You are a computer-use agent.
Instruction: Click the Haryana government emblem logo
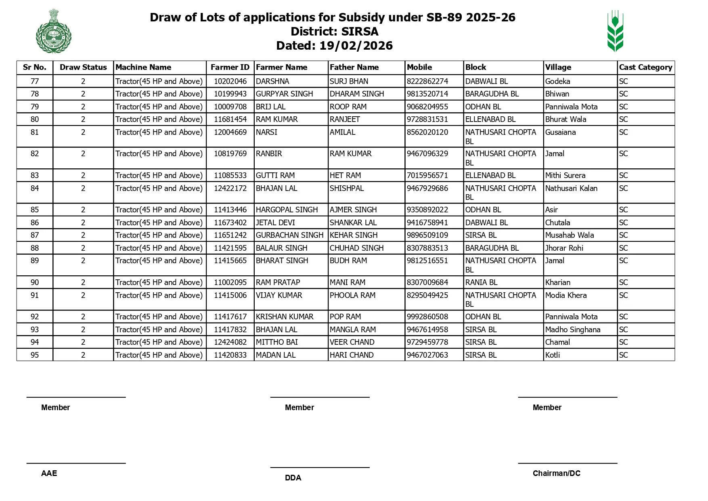[54, 31]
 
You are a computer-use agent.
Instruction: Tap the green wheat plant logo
[615, 31]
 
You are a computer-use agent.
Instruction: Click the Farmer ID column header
[230, 67]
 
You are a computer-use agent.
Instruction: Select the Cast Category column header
[645, 67]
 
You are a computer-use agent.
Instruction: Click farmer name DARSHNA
[272, 82]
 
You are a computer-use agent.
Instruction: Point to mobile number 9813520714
[427, 94]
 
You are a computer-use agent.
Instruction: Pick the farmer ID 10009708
[230, 107]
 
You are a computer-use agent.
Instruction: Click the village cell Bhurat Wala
[566, 119]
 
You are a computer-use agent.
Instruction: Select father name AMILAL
[342, 132]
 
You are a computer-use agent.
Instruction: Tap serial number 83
[35, 176]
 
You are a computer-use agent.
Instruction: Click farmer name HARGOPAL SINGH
[287, 210]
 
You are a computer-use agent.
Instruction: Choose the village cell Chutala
[557, 223]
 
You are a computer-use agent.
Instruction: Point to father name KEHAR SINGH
[354, 235]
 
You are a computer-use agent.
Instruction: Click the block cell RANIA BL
[481, 283]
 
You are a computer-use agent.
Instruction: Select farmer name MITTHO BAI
[276, 342]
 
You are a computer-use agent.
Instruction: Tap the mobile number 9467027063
[427, 355]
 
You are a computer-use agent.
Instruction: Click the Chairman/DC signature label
[556, 474]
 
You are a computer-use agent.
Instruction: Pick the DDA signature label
[293, 478]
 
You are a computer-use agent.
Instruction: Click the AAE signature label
[49, 474]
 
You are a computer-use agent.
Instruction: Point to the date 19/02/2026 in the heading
[356, 46]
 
